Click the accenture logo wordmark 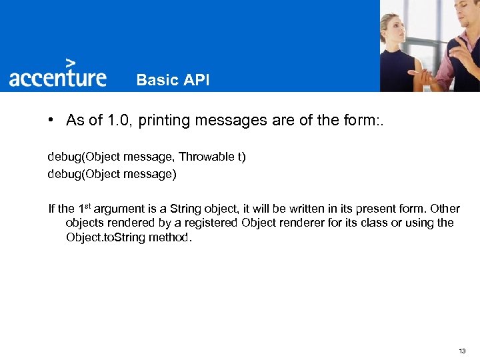(58, 77)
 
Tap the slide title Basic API (173, 80)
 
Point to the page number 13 (463, 351)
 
